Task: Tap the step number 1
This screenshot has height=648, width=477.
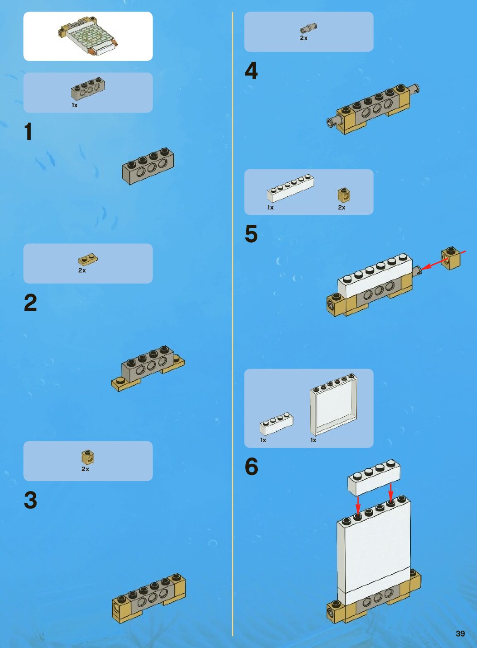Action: click(28, 132)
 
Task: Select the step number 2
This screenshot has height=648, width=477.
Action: click(30, 302)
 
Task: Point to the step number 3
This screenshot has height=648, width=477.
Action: click(30, 500)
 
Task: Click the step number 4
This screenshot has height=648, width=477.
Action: click(251, 70)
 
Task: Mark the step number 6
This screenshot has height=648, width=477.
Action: click(252, 466)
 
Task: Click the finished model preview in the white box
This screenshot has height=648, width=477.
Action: click(88, 36)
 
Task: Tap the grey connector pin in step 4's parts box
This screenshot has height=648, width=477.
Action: click(308, 28)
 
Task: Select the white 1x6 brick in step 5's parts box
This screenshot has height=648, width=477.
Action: click(290, 188)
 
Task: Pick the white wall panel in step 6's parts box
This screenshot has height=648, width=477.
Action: click(333, 405)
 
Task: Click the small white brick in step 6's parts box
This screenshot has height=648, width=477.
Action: click(276, 424)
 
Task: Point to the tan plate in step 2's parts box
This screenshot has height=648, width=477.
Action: click(88, 260)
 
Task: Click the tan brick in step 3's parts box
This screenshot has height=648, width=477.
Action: click(87, 457)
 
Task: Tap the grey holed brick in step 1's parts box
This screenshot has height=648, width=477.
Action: click(88, 88)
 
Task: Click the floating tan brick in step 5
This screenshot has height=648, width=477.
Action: click(451, 258)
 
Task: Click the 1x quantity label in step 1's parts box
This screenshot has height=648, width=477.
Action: click(75, 105)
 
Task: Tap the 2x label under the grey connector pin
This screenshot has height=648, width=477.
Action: click(304, 38)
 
